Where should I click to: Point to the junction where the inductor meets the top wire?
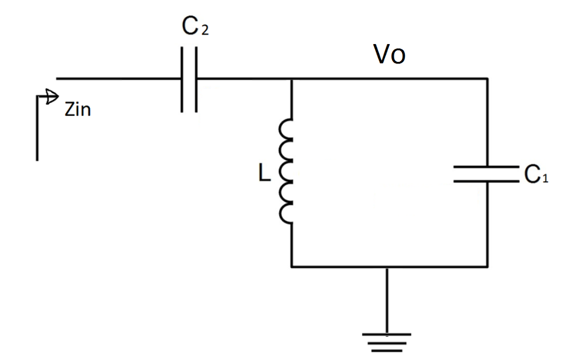coord(291,79)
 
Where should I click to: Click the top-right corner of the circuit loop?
coord(488,79)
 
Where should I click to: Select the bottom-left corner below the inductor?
coord(291,266)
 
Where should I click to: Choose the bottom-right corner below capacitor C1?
coord(488,266)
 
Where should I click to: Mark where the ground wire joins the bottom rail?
coord(387,266)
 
